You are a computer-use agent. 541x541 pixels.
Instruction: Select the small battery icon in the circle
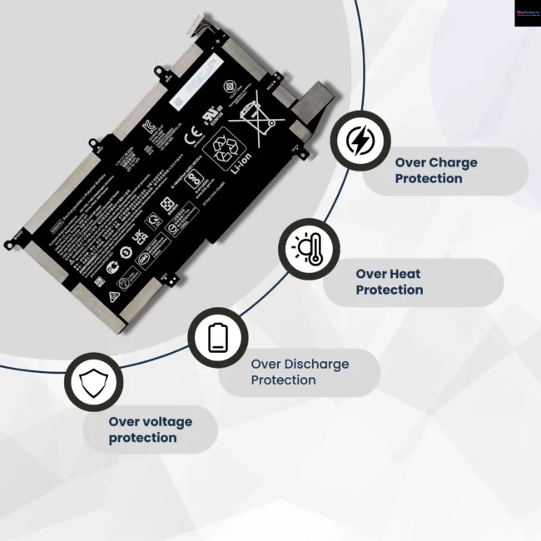click(217, 336)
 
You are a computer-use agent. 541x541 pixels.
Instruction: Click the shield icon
click(93, 383)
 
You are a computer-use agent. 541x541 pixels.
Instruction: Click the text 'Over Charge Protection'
click(435, 171)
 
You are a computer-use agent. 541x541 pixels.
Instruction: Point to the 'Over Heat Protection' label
click(389, 282)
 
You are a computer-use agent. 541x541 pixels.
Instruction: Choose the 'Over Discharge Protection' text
click(300, 372)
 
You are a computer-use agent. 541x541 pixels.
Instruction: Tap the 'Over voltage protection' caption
click(150, 429)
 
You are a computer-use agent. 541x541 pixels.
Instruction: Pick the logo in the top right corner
click(526, 12)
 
